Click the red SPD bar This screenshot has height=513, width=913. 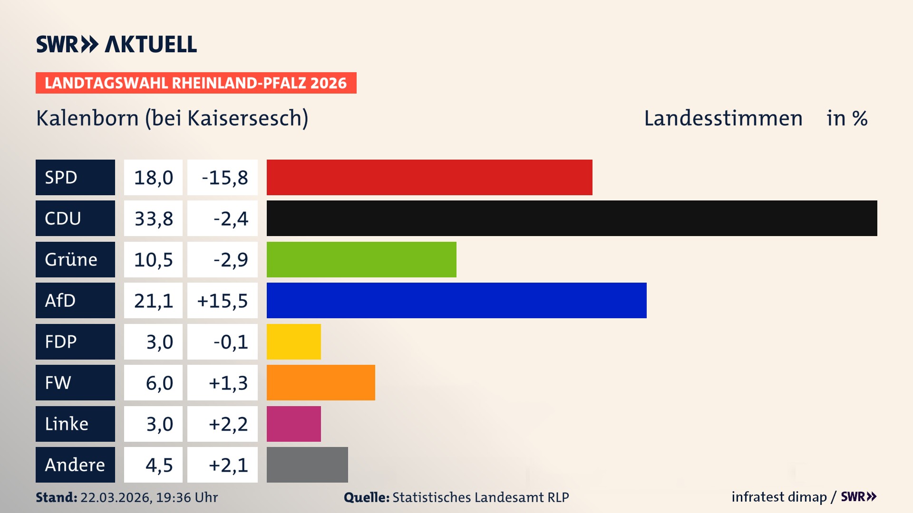tap(429, 177)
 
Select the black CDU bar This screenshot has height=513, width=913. tap(572, 218)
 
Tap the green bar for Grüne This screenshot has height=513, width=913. tap(361, 259)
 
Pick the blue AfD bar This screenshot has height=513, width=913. tap(456, 300)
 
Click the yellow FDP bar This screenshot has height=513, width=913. tap(293, 342)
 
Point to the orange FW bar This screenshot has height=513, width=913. tap(321, 382)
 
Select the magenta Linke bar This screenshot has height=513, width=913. tap(293, 424)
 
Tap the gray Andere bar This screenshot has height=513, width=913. tap(307, 465)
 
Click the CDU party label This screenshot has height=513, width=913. tap(75, 218)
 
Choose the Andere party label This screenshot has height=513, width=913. tap(75, 465)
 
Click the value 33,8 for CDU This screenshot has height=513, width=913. tap(153, 218)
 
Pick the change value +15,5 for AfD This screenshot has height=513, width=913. tap(222, 301)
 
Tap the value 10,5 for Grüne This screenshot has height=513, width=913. tap(153, 260)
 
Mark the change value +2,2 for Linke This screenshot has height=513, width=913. tap(228, 424)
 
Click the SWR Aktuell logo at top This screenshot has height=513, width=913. tap(117, 44)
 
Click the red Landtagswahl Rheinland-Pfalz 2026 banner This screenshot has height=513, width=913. tap(196, 83)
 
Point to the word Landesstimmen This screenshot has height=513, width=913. tap(723, 118)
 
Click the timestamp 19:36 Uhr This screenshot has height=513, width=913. tap(186, 497)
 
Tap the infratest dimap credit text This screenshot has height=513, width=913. tap(779, 497)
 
